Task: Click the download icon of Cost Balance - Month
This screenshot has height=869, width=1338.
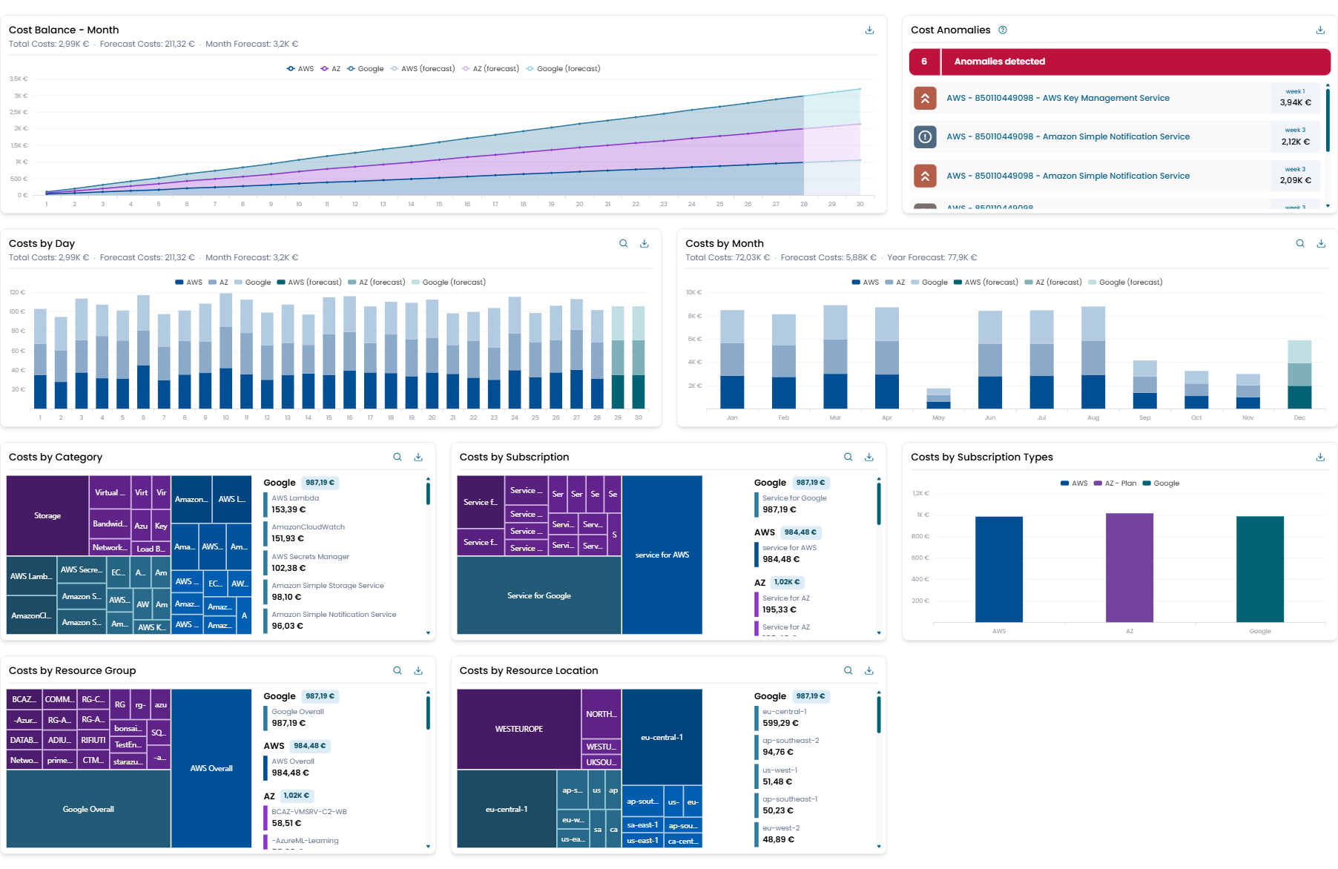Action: (869, 30)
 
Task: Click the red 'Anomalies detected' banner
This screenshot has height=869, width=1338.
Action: (1119, 62)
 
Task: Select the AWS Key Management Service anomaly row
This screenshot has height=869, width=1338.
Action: (1058, 98)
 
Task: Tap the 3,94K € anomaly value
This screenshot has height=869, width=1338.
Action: (1295, 102)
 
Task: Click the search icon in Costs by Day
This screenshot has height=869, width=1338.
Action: (624, 244)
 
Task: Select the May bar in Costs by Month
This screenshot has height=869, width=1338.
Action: (938, 399)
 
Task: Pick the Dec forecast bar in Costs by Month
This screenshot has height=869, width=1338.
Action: (1299, 374)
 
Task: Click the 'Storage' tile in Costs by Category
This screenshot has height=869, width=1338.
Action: (47, 516)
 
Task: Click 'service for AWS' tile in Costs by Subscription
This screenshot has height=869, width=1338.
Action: (662, 555)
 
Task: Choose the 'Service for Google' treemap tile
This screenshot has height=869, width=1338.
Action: (539, 596)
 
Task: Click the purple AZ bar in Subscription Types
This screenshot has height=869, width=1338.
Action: (1129, 568)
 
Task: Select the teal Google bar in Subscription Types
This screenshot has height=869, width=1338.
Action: (1259, 569)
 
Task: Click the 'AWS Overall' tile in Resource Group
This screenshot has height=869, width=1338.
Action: (211, 769)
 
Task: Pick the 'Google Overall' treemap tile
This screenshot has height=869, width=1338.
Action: (88, 810)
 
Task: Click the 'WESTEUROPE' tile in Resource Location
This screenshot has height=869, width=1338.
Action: (518, 730)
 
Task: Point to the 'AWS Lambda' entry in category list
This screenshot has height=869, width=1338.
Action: (295, 498)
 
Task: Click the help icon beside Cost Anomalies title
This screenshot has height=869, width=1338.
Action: (1003, 30)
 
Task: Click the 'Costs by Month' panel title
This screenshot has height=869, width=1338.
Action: (724, 244)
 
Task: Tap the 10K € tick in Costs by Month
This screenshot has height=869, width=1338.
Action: (694, 293)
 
